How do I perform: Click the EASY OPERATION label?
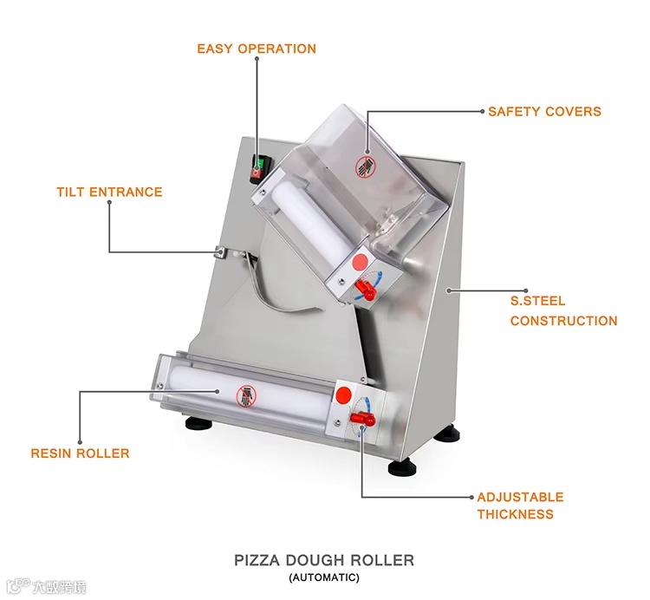256,49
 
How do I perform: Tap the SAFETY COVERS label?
543,112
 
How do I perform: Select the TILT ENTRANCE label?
109,192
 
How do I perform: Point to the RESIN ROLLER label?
80,453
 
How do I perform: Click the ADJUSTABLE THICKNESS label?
519,505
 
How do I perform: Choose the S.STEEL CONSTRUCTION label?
562,311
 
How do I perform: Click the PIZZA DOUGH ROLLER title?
324,560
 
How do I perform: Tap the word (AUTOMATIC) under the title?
324,577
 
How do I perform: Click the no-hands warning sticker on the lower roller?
247,395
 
